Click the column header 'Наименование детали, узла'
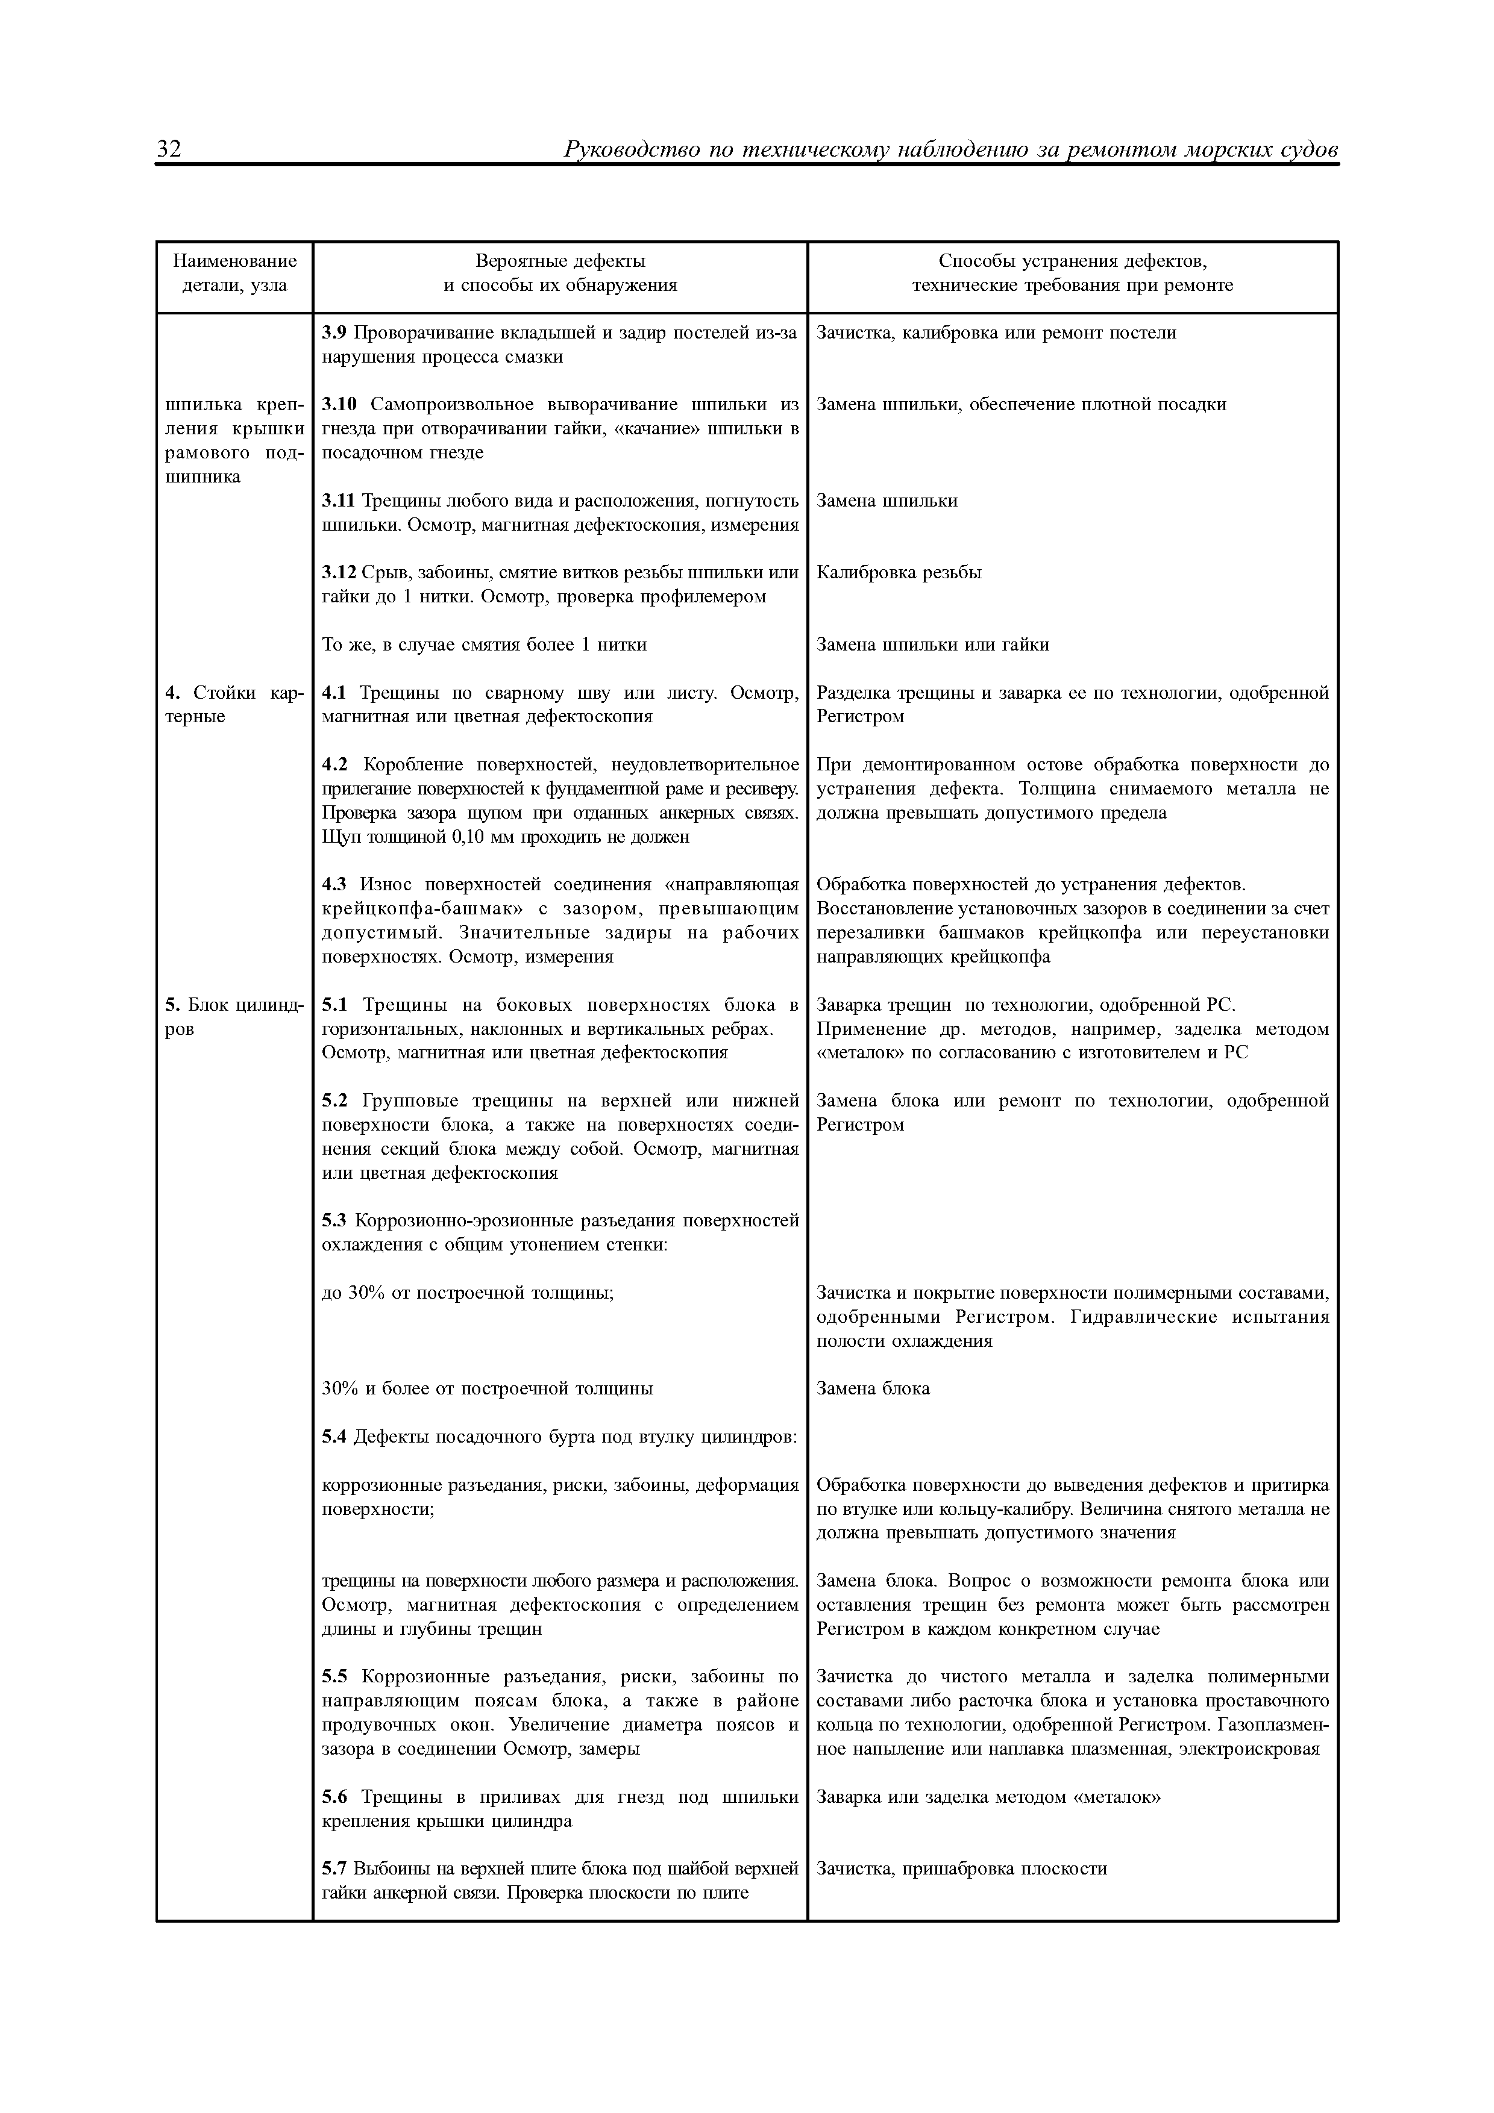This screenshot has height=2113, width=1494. pos(234,273)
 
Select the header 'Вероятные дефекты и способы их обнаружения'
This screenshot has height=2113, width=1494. pos(560,273)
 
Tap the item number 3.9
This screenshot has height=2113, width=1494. pos(335,333)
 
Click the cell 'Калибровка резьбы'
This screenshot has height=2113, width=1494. pos(899,572)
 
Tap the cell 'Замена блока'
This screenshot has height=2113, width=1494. pos(873,1388)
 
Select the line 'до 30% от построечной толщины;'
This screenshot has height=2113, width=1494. pos(468,1292)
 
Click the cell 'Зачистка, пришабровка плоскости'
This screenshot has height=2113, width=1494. pos(961,1868)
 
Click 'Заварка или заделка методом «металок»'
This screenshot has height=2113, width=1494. pos(988,1796)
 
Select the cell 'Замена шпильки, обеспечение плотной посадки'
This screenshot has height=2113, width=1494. pos(1021,405)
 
